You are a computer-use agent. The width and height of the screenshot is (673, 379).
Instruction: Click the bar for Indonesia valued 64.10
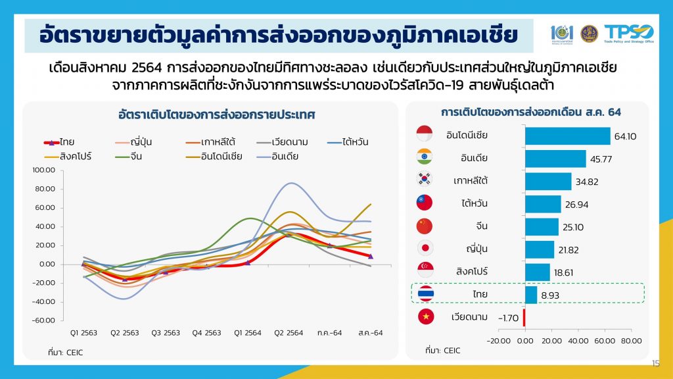567,136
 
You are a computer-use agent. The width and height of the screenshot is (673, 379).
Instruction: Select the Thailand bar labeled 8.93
531,294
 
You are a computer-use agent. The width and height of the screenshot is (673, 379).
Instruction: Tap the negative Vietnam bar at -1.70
524,317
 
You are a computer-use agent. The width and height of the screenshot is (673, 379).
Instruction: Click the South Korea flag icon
424,179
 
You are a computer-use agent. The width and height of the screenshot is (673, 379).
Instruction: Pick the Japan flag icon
424,249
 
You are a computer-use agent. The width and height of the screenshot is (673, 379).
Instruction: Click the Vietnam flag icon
424,317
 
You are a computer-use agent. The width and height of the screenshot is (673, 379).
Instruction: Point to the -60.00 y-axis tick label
46,320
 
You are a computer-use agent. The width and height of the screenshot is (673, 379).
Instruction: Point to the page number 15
655,364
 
